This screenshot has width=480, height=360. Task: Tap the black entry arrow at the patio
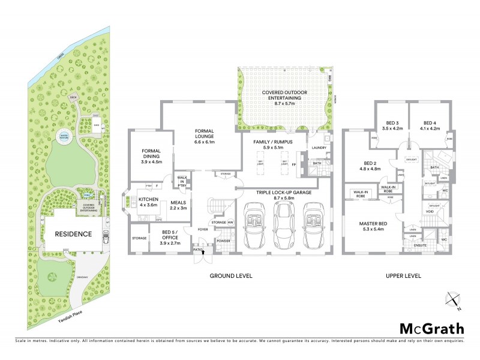click(x=203, y=253)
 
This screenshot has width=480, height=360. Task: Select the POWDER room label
click(x=223, y=241)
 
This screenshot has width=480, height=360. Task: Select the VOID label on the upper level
click(x=430, y=212)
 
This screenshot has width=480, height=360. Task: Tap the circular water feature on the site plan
click(x=63, y=137)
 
